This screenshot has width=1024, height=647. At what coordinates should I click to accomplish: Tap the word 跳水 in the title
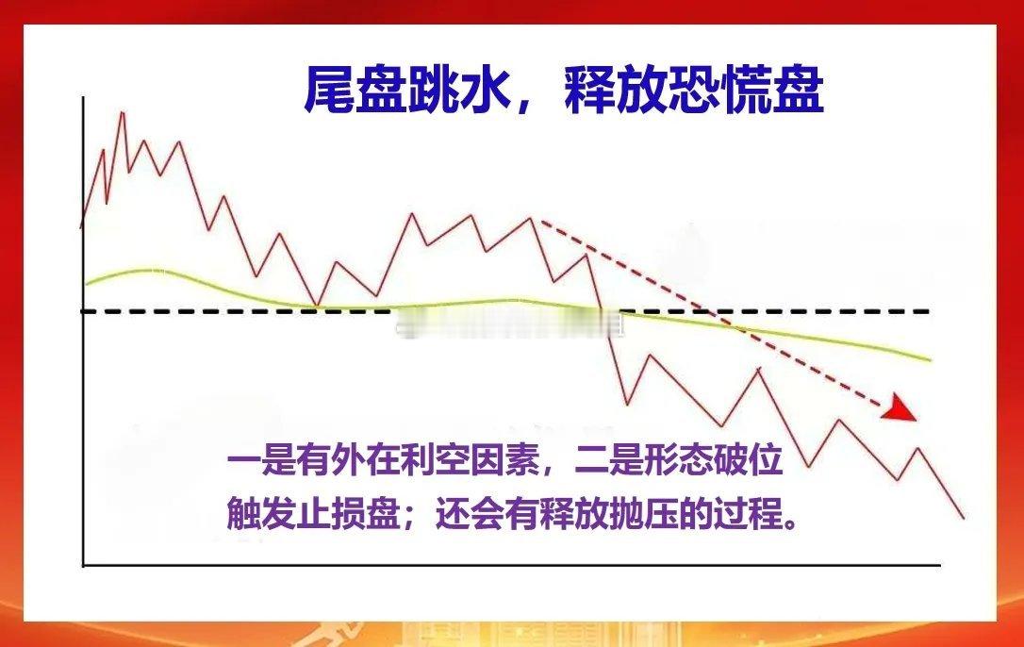tap(461, 92)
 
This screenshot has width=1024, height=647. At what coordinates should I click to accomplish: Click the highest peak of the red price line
tap(122, 112)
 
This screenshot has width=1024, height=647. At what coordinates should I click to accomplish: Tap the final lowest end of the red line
tap(963, 517)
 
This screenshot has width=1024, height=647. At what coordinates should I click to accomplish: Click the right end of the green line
tap(931, 359)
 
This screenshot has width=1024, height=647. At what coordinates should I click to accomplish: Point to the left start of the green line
tap(86, 283)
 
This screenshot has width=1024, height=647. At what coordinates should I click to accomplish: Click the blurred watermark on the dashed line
tap(509, 326)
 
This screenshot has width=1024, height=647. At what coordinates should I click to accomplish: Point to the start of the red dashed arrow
tap(542, 224)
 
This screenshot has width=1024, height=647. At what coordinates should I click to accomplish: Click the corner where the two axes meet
tap(84, 565)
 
